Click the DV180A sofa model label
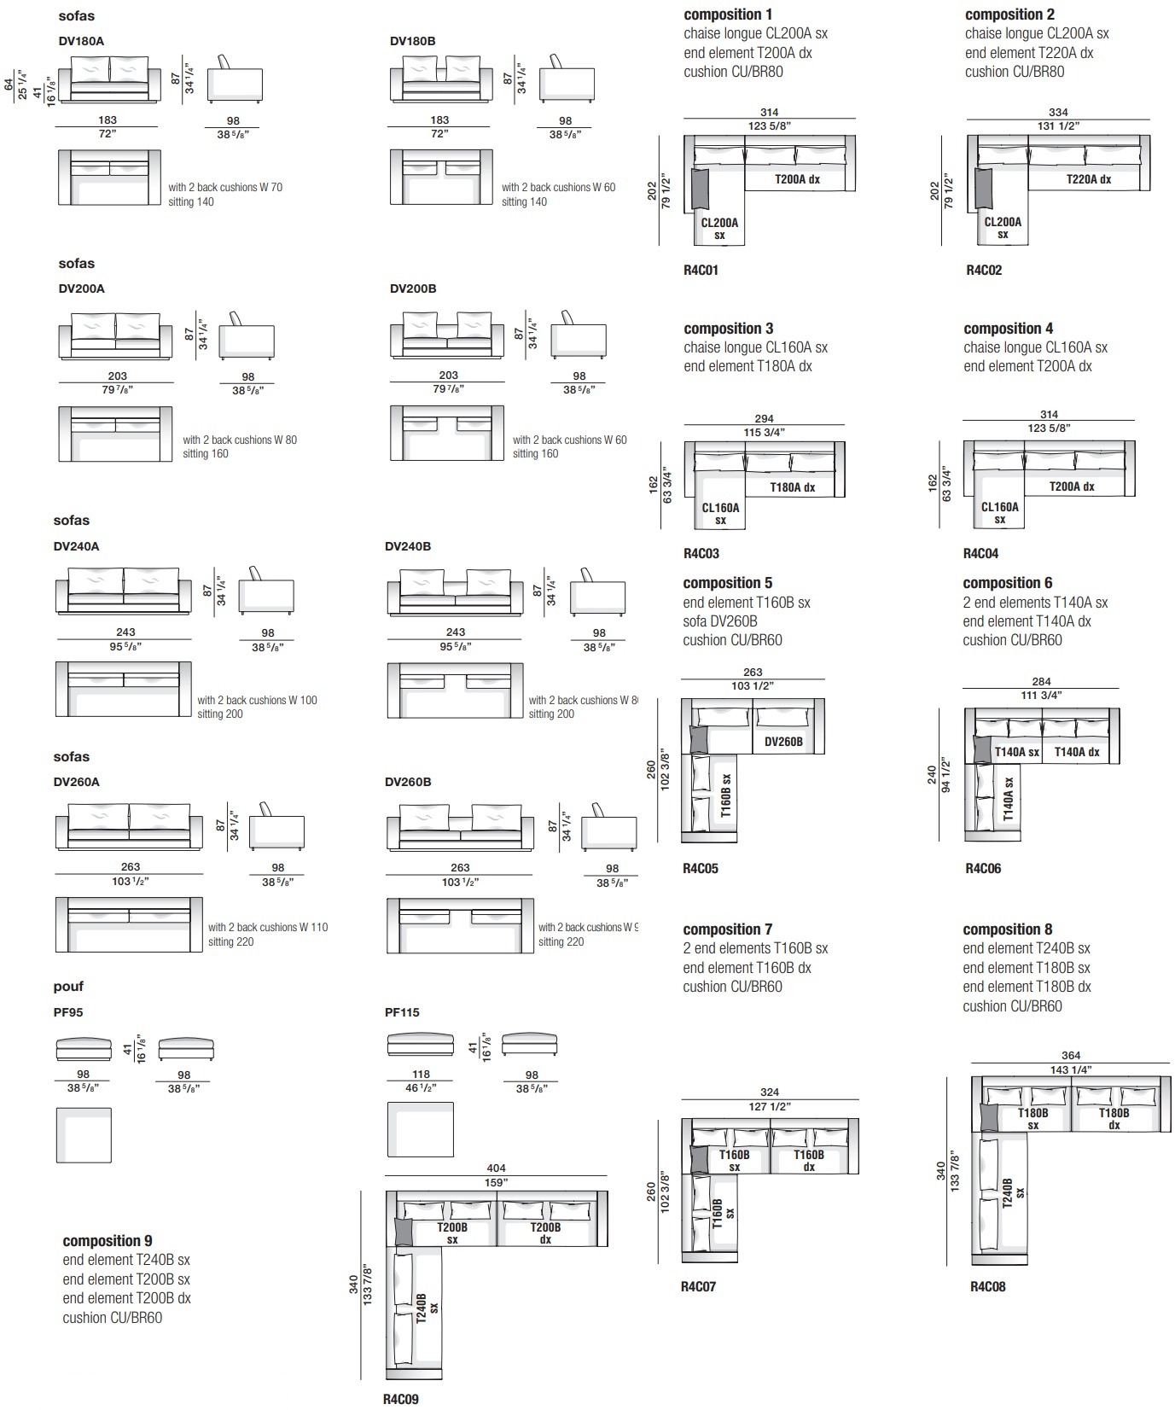click(81, 41)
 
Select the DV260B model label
click(408, 782)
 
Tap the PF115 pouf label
click(402, 1012)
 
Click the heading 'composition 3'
click(728, 329)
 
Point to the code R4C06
click(983, 869)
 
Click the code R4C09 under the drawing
click(400, 1399)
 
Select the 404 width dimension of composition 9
click(496, 1168)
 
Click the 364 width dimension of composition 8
click(1070, 1056)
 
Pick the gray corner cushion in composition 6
click(982, 749)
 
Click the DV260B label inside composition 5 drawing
click(783, 742)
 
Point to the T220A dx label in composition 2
click(1088, 179)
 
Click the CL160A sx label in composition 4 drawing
click(999, 513)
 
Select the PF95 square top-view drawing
click(84, 1135)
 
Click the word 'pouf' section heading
click(68, 987)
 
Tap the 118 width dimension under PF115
click(421, 1075)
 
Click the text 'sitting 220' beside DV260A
click(231, 942)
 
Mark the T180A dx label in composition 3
click(793, 487)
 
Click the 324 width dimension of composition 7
click(770, 1092)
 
